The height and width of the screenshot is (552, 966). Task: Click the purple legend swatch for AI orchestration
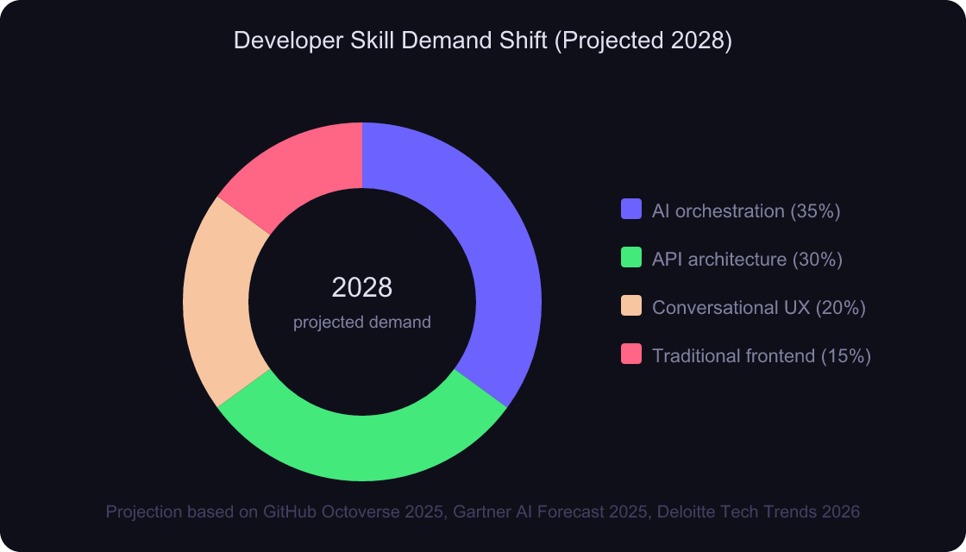[631, 210]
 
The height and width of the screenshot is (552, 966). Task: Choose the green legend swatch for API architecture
[631, 258]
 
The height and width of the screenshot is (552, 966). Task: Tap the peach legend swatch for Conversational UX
[631, 306]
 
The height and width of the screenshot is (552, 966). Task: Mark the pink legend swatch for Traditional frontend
[631, 354]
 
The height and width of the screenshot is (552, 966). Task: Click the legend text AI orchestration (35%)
[746, 210]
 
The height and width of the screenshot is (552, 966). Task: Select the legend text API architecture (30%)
[747, 259]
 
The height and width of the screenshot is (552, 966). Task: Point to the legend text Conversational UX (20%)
[758, 307]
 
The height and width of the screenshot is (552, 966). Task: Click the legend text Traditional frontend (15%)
[761, 355]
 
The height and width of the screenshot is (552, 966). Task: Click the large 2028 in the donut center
[362, 287]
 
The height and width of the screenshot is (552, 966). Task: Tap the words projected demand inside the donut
[362, 323]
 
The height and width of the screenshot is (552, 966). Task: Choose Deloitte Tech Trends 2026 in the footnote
[758, 511]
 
